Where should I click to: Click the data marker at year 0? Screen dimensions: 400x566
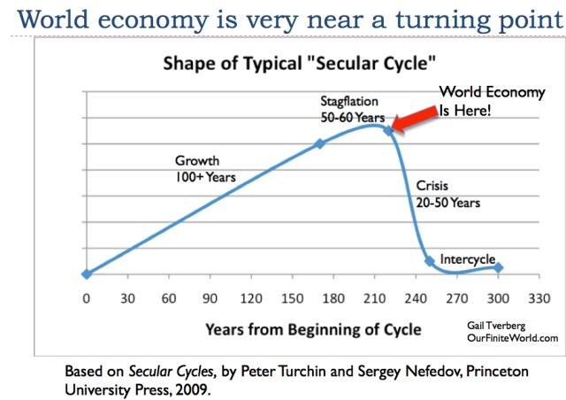[x=86, y=274]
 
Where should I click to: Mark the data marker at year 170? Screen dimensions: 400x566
[x=320, y=143]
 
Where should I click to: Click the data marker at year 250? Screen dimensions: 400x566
[x=430, y=261]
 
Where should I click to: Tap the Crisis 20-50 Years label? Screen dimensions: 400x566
[x=447, y=194]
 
